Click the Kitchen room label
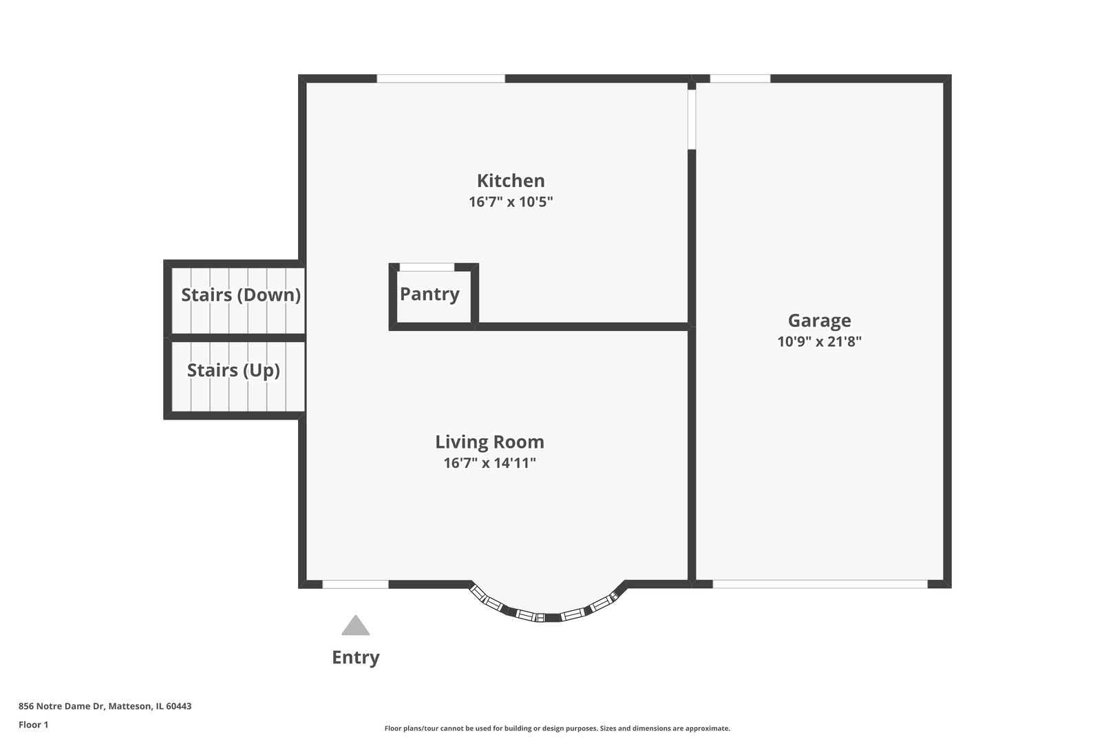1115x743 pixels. pyautogui.click(x=511, y=180)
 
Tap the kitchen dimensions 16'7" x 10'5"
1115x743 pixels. pyautogui.click(x=511, y=202)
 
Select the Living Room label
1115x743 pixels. pyautogui.click(x=490, y=442)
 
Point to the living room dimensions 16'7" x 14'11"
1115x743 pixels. pyautogui.click(x=490, y=463)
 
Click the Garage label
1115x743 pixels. pyautogui.click(x=819, y=321)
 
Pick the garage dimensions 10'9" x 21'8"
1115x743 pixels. pyautogui.click(x=819, y=341)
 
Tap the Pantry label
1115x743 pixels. pyautogui.click(x=429, y=294)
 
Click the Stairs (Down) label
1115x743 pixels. pyautogui.click(x=241, y=294)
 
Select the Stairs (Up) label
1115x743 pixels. pyautogui.click(x=233, y=370)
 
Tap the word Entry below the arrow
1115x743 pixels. pyautogui.click(x=355, y=658)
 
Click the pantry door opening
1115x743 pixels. pyautogui.click(x=427, y=268)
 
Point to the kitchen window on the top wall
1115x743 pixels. pyautogui.click(x=440, y=78)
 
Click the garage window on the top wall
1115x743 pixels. pyautogui.click(x=740, y=78)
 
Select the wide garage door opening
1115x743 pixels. pyautogui.click(x=820, y=584)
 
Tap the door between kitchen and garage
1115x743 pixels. pyautogui.click(x=692, y=120)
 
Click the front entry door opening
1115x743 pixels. pyautogui.click(x=355, y=584)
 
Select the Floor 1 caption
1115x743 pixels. pyautogui.click(x=33, y=724)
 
